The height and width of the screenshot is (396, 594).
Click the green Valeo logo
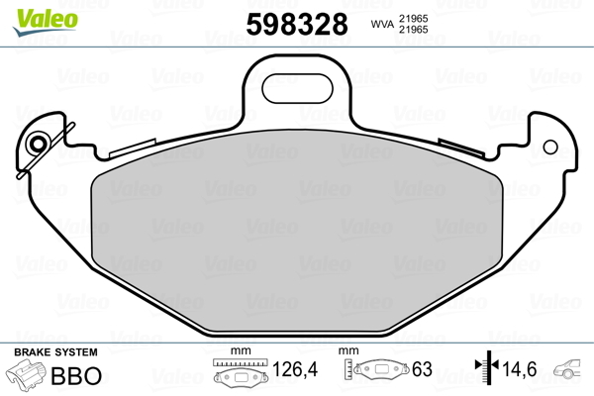click(x=46, y=22)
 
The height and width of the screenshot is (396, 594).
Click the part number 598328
click(x=297, y=24)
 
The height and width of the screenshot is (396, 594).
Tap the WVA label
click(x=382, y=24)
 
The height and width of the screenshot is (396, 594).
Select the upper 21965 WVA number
click(x=413, y=18)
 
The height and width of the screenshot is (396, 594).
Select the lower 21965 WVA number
click(x=413, y=30)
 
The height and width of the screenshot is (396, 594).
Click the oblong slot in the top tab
click(x=297, y=89)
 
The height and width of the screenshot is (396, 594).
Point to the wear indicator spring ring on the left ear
click(x=38, y=144)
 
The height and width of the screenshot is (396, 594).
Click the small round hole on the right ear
click(x=550, y=148)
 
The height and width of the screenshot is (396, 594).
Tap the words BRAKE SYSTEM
click(x=55, y=352)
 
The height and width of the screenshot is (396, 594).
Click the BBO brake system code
click(x=76, y=375)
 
